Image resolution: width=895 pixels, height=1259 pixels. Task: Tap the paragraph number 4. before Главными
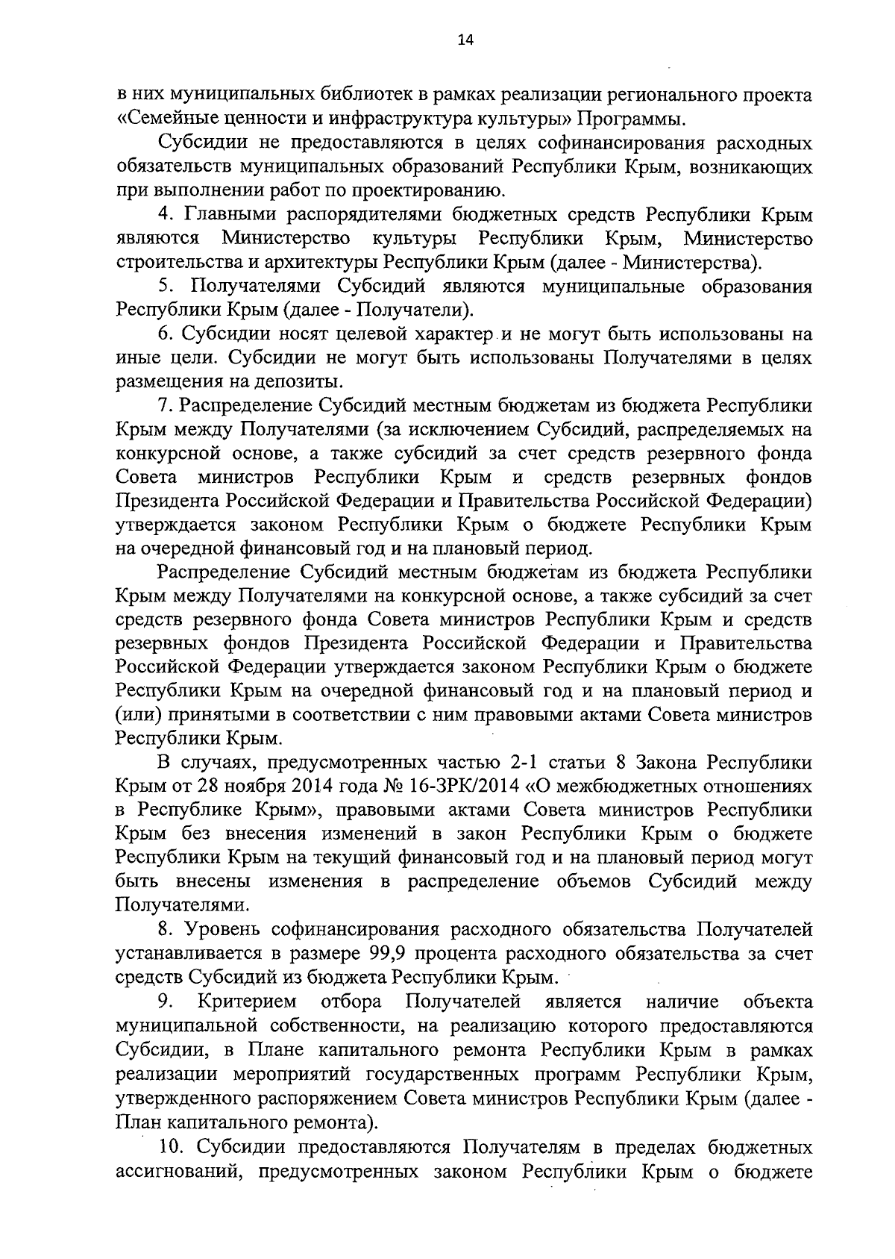coord(166,215)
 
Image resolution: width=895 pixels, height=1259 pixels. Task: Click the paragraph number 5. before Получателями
coord(166,287)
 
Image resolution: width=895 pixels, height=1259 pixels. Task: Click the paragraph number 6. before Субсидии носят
coord(166,334)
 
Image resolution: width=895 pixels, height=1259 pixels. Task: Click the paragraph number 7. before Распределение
coord(166,406)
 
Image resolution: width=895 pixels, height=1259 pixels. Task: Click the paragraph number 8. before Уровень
coord(166,930)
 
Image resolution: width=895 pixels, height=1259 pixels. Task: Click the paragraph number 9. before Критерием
coord(165,1002)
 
